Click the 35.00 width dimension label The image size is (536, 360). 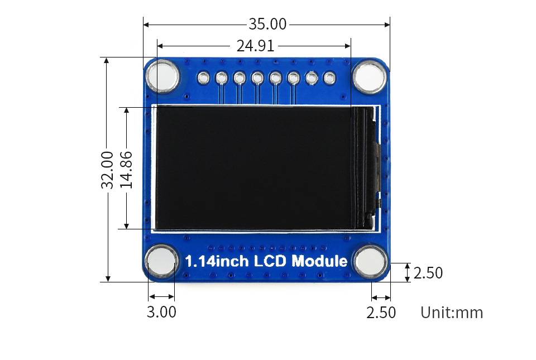[x=267, y=24]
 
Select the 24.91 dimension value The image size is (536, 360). [x=255, y=46]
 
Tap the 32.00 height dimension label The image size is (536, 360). [x=107, y=169]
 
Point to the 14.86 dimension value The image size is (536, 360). [x=127, y=169]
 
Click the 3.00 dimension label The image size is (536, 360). [x=161, y=312]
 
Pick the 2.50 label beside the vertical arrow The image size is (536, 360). [x=428, y=273]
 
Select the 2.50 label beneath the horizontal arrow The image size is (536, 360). [x=381, y=312]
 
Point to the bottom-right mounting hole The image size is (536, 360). [x=370, y=261]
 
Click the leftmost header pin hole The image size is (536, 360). [x=204, y=78]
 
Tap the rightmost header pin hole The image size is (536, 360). [x=329, y=78]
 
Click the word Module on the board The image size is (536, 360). [x=319, y=261]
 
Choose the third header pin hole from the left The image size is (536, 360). [x=240, y=78]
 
